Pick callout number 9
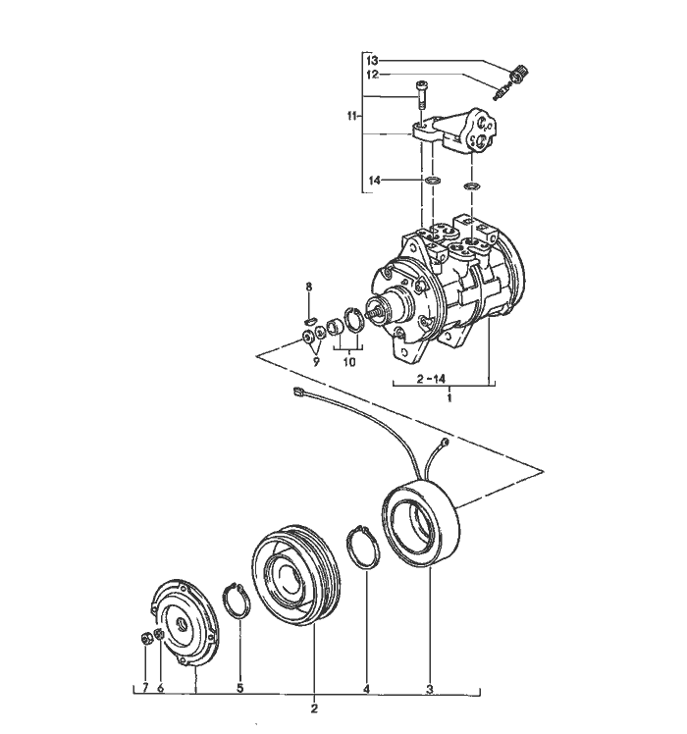click(x=316, y=362)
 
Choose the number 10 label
click(x=348, y=362)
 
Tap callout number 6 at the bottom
click(x=160, y=689)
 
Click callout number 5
click(x=239, y=689)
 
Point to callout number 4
click(x=366, y=689)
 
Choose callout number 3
click(x=429, y=689)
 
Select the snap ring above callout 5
click(x=238, y=598)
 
